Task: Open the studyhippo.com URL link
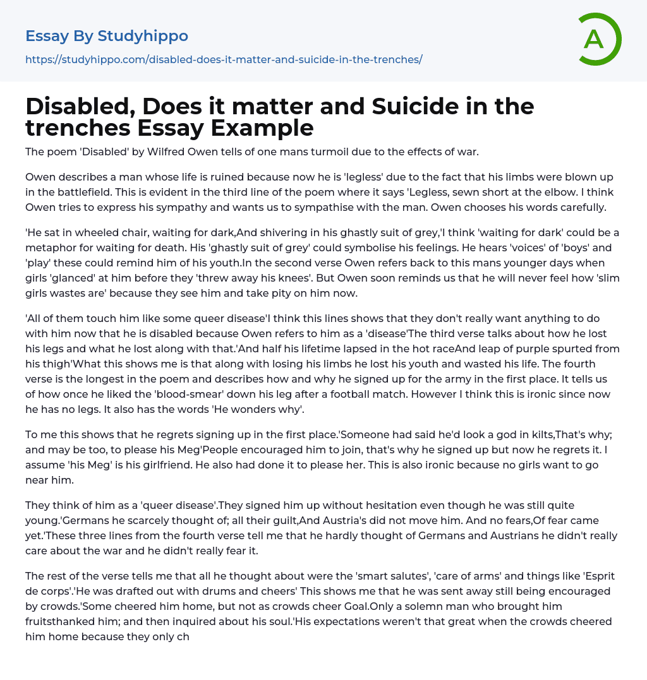[x=224, y=59]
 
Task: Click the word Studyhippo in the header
[x=143, y=36]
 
